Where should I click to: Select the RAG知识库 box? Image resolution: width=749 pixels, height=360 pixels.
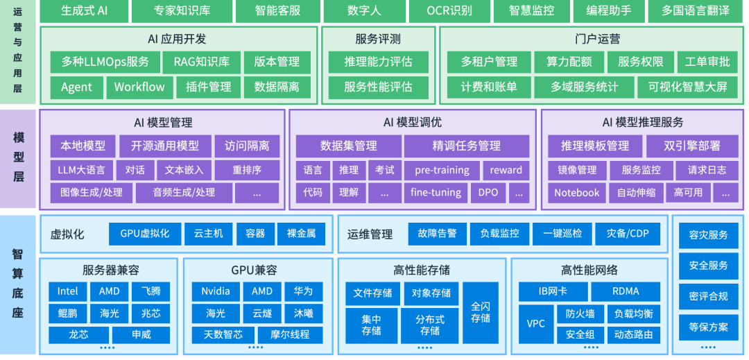click(x=202, y=62)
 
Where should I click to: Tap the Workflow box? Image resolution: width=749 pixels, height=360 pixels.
click(x=139, y=87)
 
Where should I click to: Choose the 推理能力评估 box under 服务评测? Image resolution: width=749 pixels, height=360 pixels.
click(x=379, y=62)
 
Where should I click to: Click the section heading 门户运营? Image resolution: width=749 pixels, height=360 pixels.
click(x=590, y=39)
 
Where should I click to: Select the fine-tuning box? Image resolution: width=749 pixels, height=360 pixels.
click(x=436, y=193)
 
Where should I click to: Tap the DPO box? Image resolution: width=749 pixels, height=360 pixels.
click(x=488, y=193)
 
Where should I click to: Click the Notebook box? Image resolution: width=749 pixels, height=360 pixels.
click(x=576, y=193)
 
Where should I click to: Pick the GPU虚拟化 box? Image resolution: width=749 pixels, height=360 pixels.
click(x=145, y=234)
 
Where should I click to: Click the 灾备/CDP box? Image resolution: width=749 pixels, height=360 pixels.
click(x=628, y=234)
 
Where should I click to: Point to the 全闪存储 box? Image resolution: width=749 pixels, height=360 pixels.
click(x=481, y=312)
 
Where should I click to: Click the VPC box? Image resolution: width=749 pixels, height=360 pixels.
click(x=536, y=324)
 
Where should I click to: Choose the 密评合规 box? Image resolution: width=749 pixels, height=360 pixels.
click(x=708, y=296)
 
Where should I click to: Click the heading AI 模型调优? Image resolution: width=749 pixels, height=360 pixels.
click(x=412, y=123)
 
